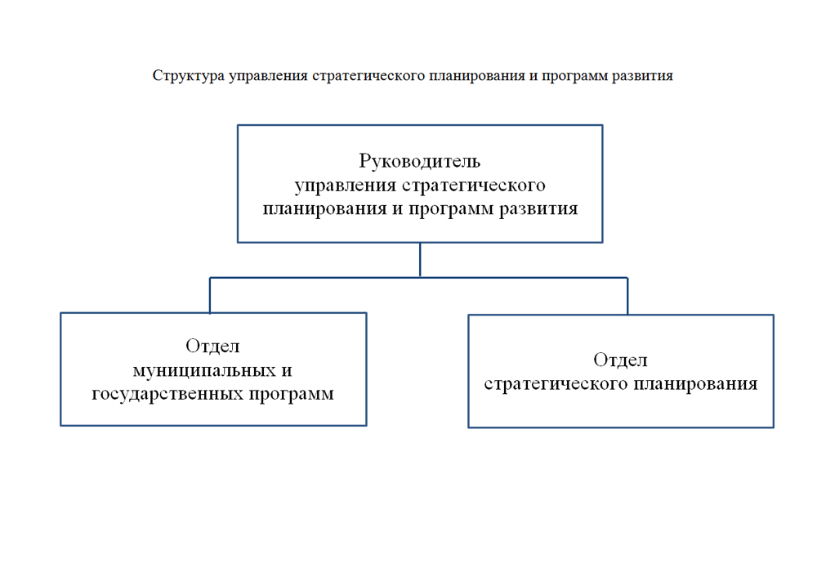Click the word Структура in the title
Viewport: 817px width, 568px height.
pos(188,76)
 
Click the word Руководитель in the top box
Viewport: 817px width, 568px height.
pos(419,161)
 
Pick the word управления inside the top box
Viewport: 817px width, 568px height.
pos(346,186)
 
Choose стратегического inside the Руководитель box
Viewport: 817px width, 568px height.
pos(474,186)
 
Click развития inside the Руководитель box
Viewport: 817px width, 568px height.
pos(538,209)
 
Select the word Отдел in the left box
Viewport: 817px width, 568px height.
pos(212,346)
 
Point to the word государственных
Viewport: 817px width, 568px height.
pos(167,394)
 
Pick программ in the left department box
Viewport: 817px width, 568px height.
pos(292,395)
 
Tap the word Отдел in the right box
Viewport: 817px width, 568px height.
pos(620,360)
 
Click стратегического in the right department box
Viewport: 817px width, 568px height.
pos(556,384)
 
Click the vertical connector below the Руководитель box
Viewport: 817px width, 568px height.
pos(420,260)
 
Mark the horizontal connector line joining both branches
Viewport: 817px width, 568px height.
pos(419,278)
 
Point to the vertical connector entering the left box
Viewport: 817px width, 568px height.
pos(210,296)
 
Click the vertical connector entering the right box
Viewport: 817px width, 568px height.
pos(627,297)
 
